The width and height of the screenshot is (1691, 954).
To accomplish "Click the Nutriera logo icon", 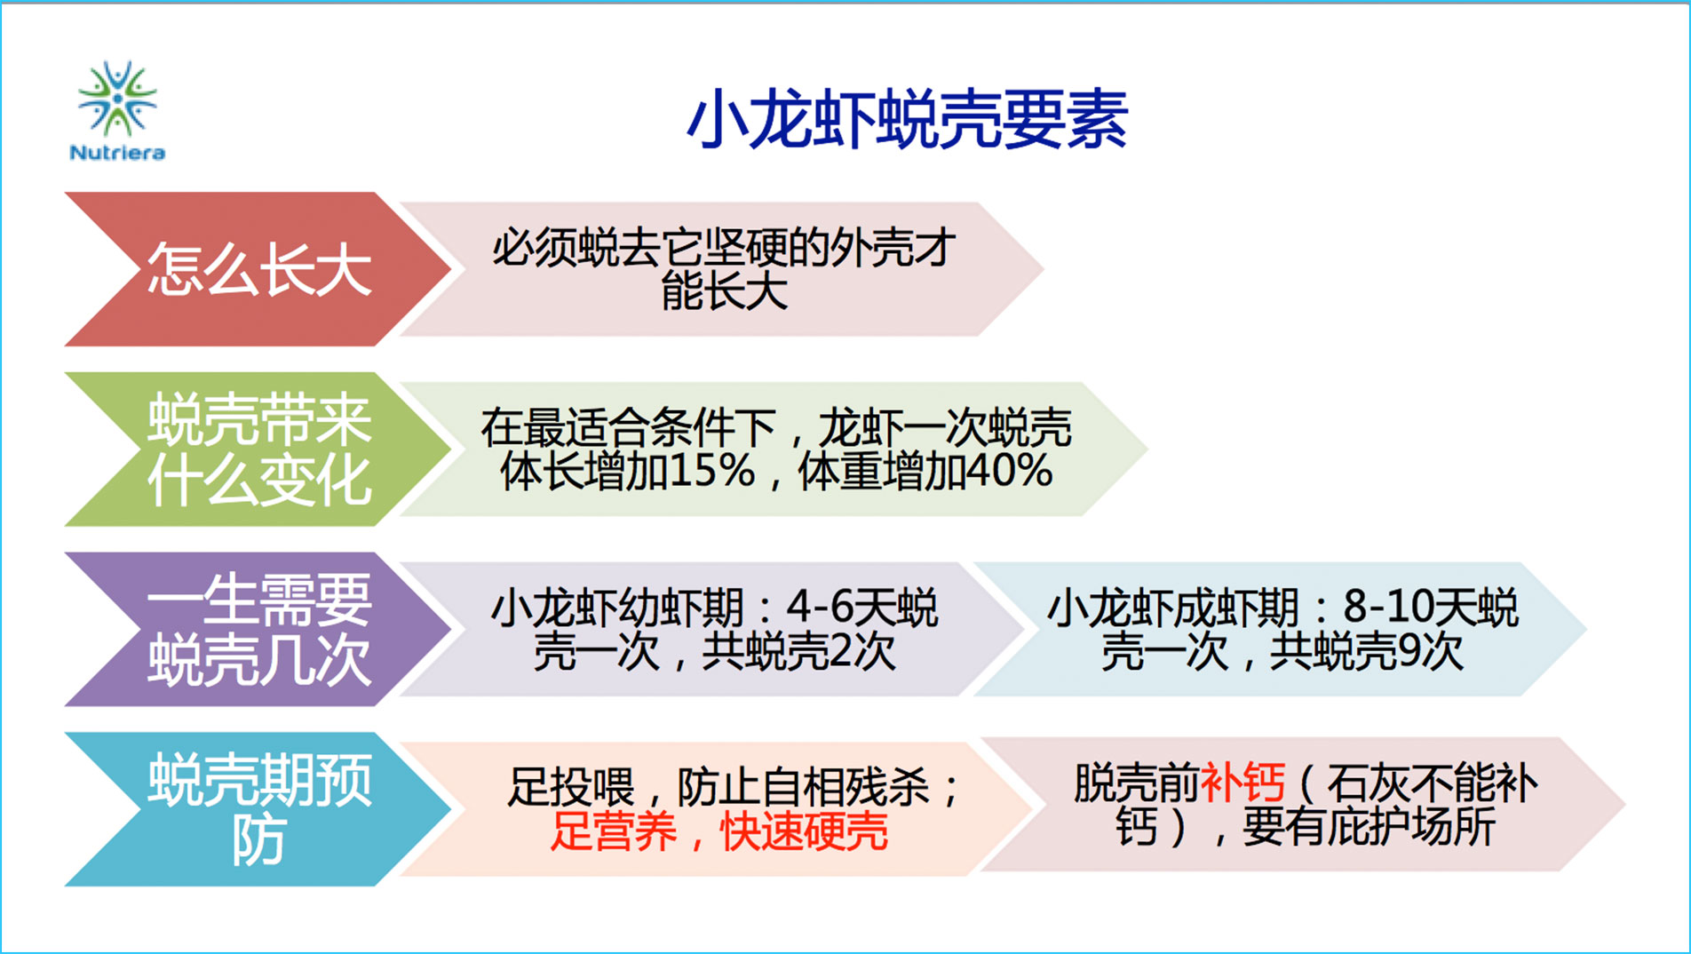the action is click(117, 99).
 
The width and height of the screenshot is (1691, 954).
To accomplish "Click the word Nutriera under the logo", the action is click(117, 153).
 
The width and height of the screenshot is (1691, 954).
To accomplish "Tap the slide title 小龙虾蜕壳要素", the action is click(907, 119).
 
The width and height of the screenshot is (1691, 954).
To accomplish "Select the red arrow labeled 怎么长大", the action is click(258, 269).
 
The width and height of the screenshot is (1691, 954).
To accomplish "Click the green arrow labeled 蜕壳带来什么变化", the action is click(258, 449).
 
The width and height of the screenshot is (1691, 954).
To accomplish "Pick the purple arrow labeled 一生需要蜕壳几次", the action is click(258, 629).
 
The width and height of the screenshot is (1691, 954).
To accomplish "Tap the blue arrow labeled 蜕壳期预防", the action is click(258, 809).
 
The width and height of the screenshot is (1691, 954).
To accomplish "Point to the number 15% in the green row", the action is click(711, 471).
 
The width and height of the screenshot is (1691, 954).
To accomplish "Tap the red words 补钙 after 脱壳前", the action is click(1242, 783).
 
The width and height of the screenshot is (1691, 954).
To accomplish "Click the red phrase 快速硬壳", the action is click(804, 832).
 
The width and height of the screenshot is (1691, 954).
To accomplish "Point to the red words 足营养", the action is click(613, 832).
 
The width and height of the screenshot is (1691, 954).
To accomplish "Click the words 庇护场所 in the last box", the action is click(1411, 828).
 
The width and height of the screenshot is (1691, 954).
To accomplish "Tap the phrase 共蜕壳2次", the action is click(798, 652).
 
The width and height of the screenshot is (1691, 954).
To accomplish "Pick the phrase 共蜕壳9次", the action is click(1366, 652).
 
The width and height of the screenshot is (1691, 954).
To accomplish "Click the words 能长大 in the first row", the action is click(725, 291).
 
